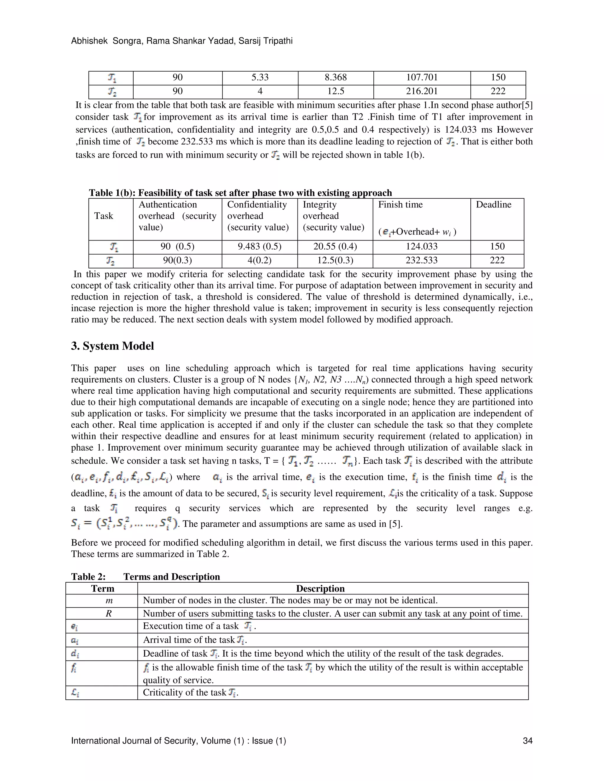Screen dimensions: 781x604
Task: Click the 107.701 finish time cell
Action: point(422,78)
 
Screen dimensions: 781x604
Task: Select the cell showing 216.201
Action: point(422,91)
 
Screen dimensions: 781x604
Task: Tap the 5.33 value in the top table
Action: point(260,78)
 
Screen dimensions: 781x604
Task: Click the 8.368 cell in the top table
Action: point(336,78)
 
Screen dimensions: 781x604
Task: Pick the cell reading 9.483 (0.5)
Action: point(260,246)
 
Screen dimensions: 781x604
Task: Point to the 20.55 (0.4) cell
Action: point(335,246)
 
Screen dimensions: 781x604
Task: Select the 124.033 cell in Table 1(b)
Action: point(421,246)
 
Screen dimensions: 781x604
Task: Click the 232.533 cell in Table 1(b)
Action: point(421,260)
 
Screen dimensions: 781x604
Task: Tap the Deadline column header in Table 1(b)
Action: point(493,205)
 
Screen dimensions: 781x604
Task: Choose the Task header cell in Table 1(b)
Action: point(104,216)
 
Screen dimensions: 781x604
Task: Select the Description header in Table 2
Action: point(320,589)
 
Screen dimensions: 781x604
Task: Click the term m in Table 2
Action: point(109,600)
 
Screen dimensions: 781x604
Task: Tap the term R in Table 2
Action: point(109,614)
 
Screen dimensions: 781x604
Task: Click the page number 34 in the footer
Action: point(527,741)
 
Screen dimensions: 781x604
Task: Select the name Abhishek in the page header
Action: point(89,41)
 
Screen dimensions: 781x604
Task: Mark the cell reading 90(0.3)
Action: point(178,260)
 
